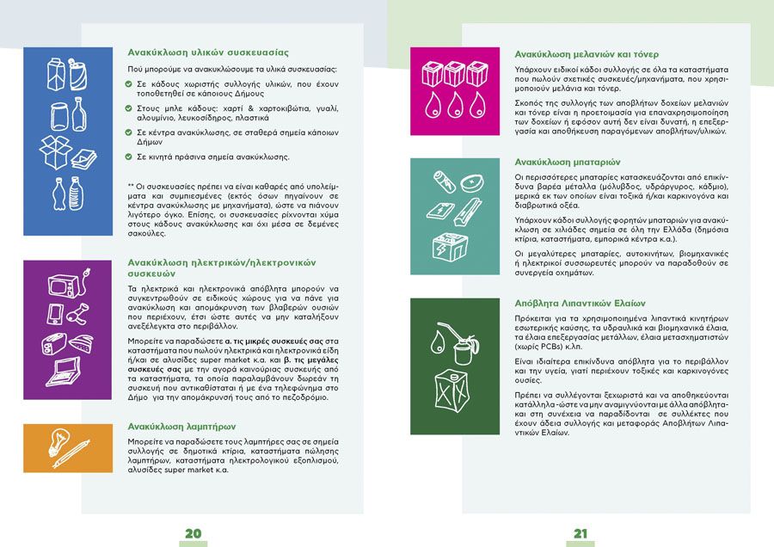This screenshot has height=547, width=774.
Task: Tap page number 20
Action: [193, 534]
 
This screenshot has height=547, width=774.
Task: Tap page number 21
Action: [580, 534]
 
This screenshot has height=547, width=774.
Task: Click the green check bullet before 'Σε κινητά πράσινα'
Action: [128, 157]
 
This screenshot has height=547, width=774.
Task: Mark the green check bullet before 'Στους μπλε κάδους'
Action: [128, 108]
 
